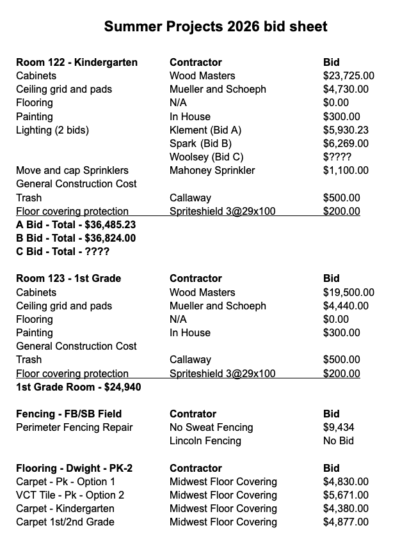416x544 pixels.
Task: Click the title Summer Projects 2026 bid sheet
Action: (216, 26)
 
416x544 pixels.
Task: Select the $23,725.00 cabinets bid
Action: (349, 76)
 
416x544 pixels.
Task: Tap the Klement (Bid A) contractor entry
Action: (205, 130)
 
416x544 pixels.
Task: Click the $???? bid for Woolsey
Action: (337, 157)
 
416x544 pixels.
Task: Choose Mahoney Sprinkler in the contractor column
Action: (212, 171)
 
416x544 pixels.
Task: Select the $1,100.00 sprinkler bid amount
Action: (346, 171)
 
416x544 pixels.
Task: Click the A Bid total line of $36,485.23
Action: (76, 225)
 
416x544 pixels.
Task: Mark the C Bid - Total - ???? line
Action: (63, 252)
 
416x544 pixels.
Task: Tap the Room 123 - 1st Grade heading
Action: (68, 279)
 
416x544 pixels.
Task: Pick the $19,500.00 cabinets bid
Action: (349, 293)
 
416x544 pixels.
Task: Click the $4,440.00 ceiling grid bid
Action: (346, 306)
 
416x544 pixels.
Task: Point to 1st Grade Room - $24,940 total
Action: (79, 387)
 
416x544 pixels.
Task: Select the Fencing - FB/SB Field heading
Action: (68, 414)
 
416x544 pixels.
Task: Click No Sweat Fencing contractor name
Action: (211, 428)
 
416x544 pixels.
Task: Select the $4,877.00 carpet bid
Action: (346, 522)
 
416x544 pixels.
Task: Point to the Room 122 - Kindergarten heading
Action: (77, 63)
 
